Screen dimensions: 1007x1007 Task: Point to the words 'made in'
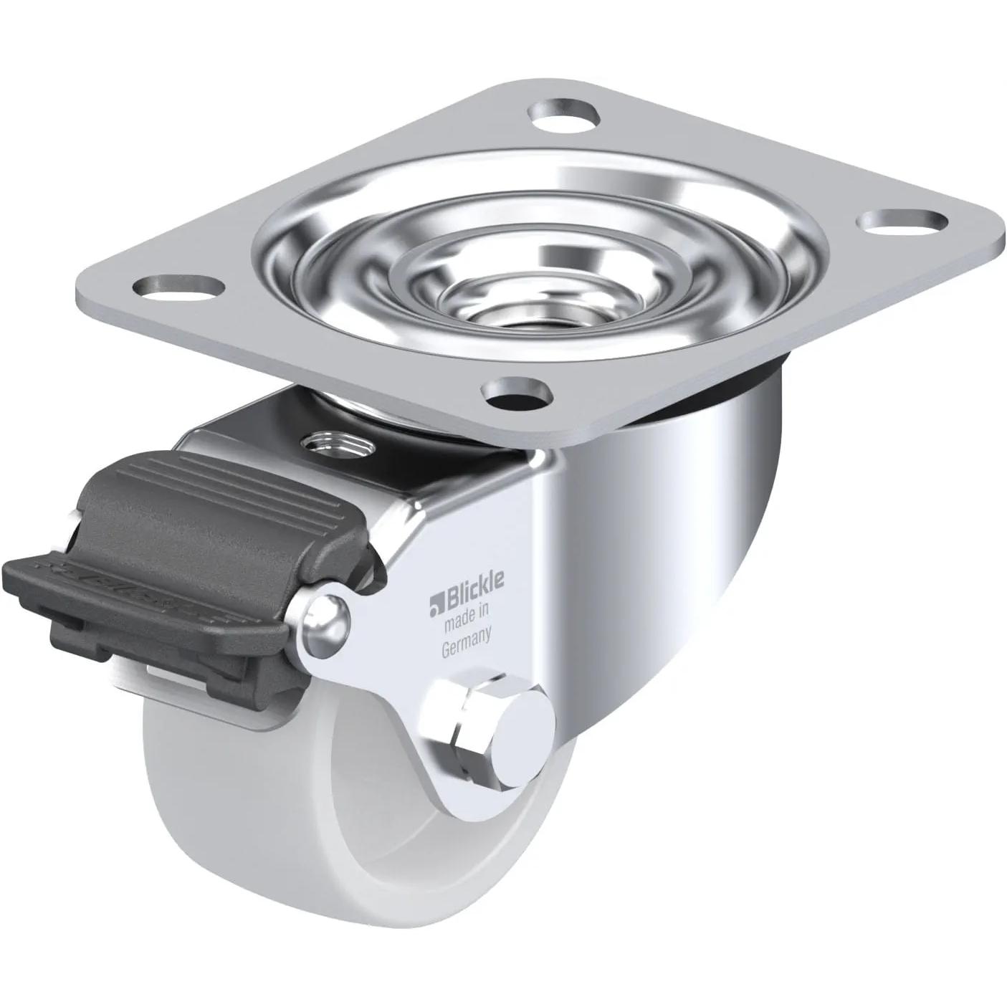466,606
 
